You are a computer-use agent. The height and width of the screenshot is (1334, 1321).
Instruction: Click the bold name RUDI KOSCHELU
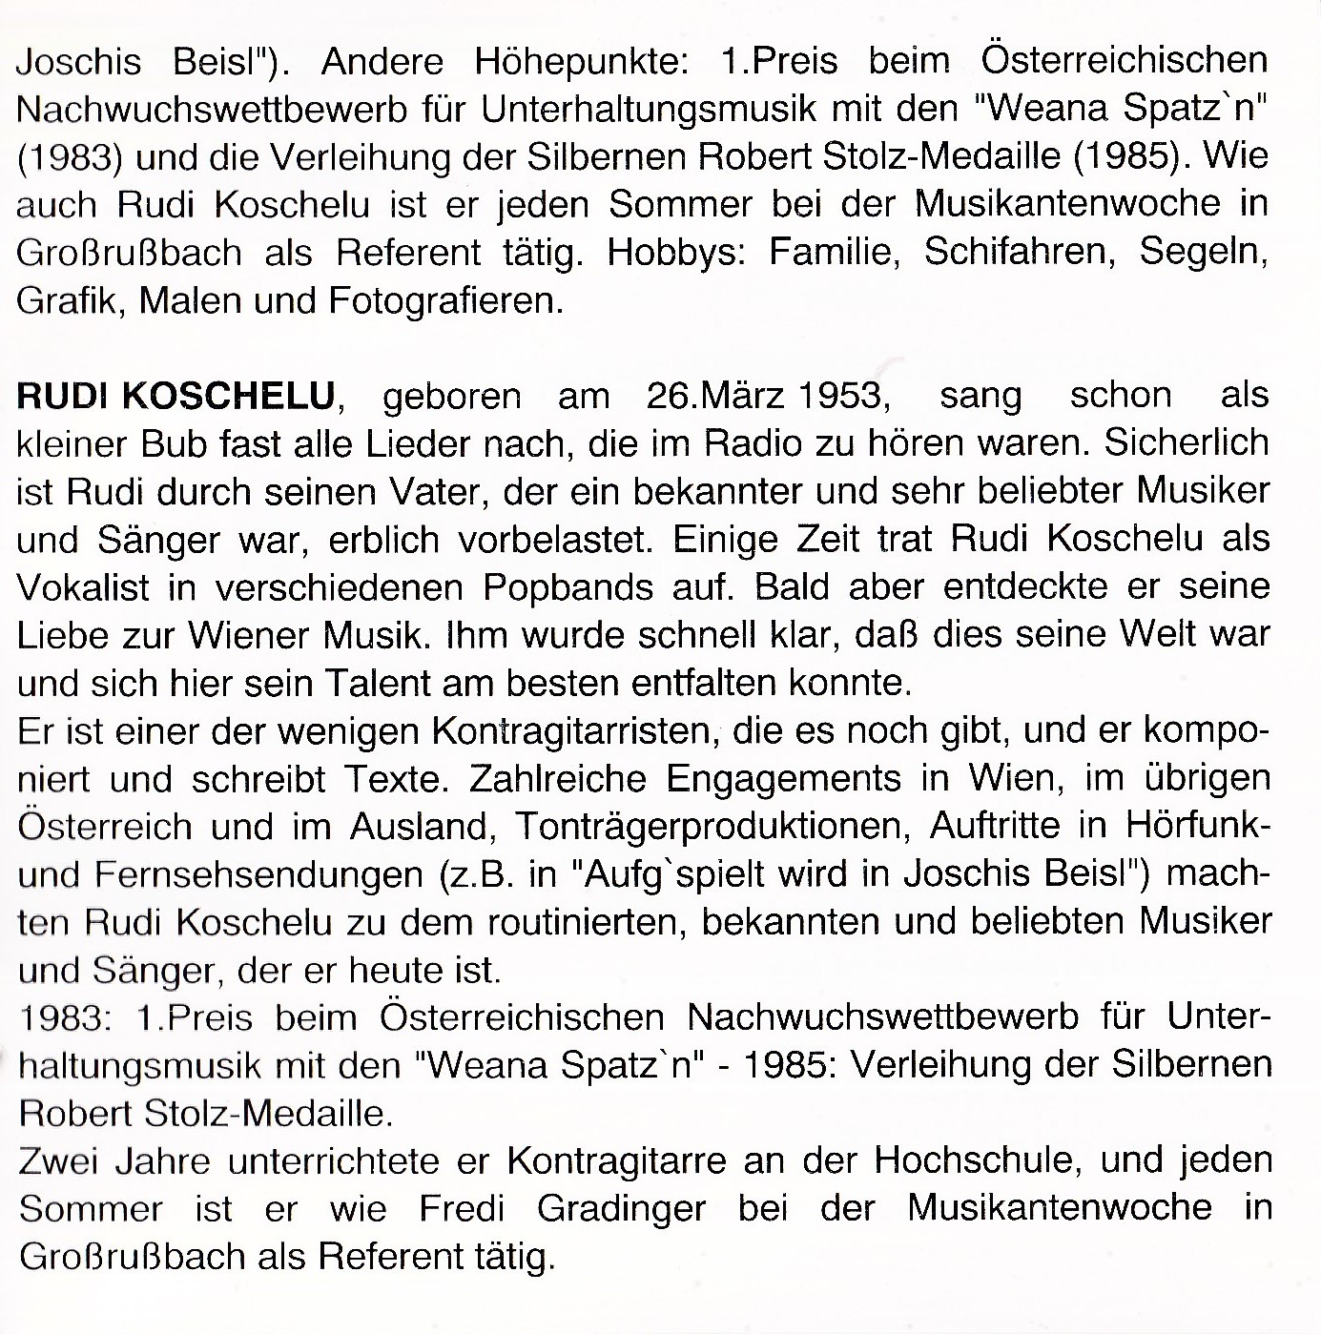tap(176, 396)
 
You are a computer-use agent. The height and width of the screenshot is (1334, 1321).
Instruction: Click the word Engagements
tap(782, 778)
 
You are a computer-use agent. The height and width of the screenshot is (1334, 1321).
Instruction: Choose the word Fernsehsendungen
tap(259, 874)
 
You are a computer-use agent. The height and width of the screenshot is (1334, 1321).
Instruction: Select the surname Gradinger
tap(621, 1209)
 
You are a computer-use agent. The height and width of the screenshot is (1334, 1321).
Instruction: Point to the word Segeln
tap(1204, 252)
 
